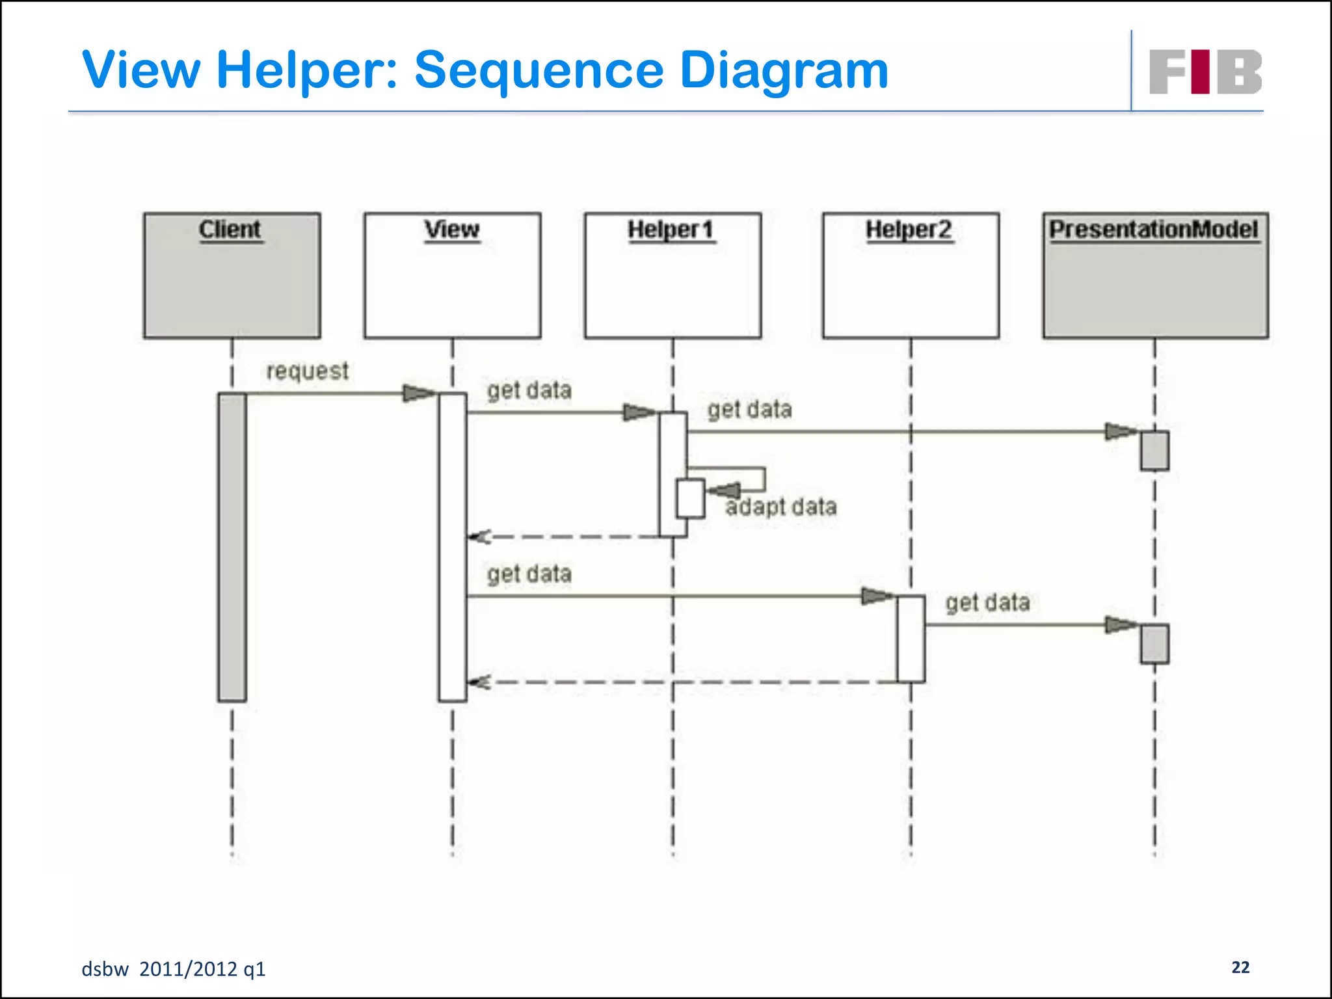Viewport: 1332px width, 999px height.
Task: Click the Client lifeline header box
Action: click(232, 275)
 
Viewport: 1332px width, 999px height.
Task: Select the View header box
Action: click(452, 275)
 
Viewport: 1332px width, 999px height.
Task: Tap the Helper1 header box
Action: click(673, 275)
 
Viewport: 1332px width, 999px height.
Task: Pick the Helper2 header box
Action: click(911, 275)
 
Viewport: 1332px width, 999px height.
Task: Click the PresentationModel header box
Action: click(1155, 275)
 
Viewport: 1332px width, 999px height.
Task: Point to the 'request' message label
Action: click(308, 371)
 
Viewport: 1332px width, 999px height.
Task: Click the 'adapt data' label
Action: click(781, 507)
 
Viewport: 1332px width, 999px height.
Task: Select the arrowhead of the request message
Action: click(418, 393)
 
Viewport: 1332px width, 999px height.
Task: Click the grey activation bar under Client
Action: click(232, 546)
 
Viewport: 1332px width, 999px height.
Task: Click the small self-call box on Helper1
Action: click(690, 498)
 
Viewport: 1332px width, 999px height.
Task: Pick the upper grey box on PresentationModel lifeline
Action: click(1154, 450)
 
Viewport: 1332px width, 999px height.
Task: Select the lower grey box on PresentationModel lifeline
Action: click(1154, 644)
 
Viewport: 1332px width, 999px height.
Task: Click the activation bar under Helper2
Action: click(911, 639)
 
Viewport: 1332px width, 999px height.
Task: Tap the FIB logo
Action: click(1205, 72)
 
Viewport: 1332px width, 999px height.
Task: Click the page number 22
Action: click(1240, 967)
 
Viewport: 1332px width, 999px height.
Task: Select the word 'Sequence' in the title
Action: click(540, 70)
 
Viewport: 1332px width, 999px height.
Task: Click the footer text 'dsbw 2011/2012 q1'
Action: click(174, 969)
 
